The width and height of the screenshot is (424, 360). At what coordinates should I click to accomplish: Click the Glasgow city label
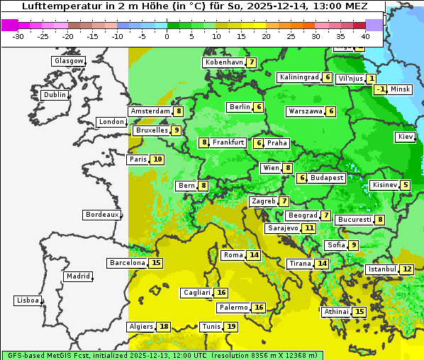(68, 61)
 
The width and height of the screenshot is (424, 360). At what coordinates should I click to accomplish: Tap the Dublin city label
(54, 95)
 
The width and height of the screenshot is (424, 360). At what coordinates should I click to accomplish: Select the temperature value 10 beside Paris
(157, 159)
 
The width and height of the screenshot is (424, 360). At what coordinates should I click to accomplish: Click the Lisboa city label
(27, 300)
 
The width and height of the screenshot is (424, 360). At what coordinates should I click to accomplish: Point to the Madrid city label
(77, 276)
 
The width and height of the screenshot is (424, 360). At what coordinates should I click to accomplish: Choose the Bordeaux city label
(101, 215)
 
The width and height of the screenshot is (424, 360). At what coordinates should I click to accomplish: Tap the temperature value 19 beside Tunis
(231, 327)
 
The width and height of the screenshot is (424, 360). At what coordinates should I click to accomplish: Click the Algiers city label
(140, 327)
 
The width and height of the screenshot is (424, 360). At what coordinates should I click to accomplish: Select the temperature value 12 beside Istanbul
(407, 269)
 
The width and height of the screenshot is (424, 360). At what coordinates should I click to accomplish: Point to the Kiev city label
(406, 137)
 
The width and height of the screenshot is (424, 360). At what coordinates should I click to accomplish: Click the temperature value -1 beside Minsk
(381, 89)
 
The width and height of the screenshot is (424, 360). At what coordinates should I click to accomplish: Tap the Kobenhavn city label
(224, 62)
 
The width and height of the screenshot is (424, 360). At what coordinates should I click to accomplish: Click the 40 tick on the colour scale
(365, 35)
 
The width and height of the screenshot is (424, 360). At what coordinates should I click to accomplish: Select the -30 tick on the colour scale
(18, 35)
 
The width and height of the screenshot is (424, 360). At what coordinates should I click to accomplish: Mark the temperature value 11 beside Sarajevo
(309, 228)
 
